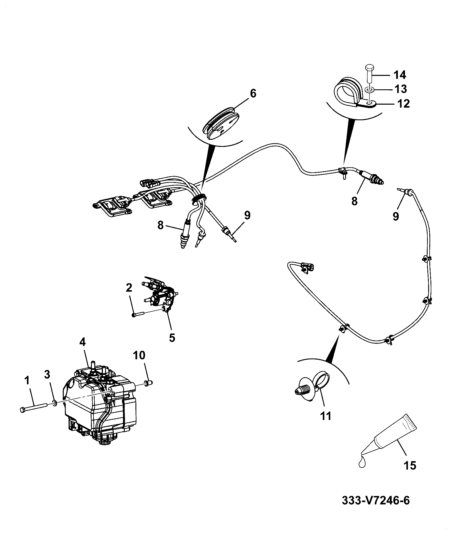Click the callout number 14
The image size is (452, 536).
click(400, 75)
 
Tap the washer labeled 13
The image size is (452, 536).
click(368, 90)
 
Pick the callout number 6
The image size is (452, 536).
click(253, 93)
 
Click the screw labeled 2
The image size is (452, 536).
click(138, 314)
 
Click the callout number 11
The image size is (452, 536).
click(326, 416)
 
